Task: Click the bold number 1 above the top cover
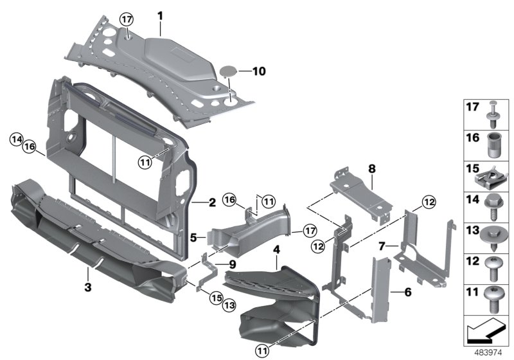click(161, 14)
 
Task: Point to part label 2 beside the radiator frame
click(212, 203)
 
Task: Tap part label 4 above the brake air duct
click(276, 248)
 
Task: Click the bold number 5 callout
click(193, 237)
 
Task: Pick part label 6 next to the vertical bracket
click(407, 292)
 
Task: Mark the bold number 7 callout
click(382, 246)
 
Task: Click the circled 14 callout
click(17, 138)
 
